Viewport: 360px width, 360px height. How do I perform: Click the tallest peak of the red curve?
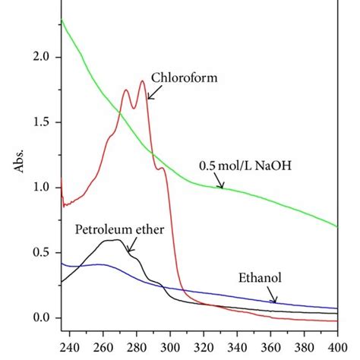142,81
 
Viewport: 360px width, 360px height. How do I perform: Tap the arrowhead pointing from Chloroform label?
147,98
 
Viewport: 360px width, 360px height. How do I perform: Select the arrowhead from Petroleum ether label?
128,251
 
